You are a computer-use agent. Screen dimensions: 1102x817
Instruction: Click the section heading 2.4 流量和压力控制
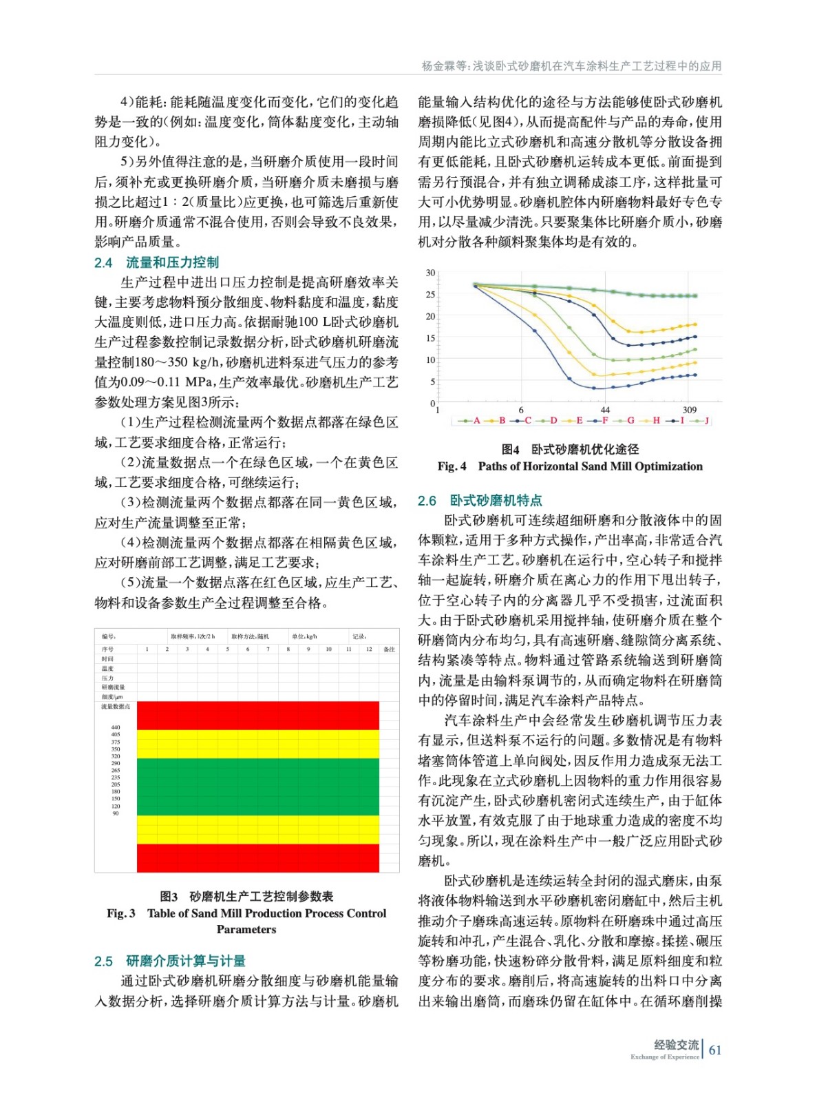pyautogui.click(x=156, y=262)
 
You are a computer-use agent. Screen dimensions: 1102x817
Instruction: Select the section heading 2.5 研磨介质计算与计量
pyautogui.click(x=169, y=961)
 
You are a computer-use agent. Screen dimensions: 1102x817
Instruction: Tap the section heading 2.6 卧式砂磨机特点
pyautogui.click(x=480, y=501)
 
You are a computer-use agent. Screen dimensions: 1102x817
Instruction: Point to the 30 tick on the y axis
pyautogui.click(x=430, y=273)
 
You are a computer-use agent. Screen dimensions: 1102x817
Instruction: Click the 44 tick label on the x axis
pyautogui.click(x=605, y=410)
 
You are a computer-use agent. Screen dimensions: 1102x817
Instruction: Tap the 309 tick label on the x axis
pyautogui.click(x=689, y=410)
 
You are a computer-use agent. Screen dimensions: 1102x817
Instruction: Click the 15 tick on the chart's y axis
pyautogui.click(x=430, y=338)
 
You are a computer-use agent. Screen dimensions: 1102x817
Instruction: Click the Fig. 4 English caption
pyautogui.click(x=570, y=466)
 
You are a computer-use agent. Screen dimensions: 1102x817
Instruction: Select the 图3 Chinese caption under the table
pyautogui.click(x=246, y=896)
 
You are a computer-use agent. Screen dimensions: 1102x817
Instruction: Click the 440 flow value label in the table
pyautogui.click(x=116, y=727)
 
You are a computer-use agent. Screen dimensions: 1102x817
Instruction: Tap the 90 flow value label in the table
pyautogui.click(x=116, y=813)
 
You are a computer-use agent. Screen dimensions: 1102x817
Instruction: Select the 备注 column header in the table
pyautogui.click(x=389, y=649)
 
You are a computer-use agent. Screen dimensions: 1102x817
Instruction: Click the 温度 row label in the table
pyautogui.click(x=107, y=669)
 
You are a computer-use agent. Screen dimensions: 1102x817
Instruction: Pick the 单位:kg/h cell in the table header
pyautogui.click(x=304, y=636)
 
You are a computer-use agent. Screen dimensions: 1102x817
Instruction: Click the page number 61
pyautogui.click(x=715, y=1050)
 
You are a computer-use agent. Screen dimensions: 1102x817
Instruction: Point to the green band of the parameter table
pyautogui.click(x=257, y=786)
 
